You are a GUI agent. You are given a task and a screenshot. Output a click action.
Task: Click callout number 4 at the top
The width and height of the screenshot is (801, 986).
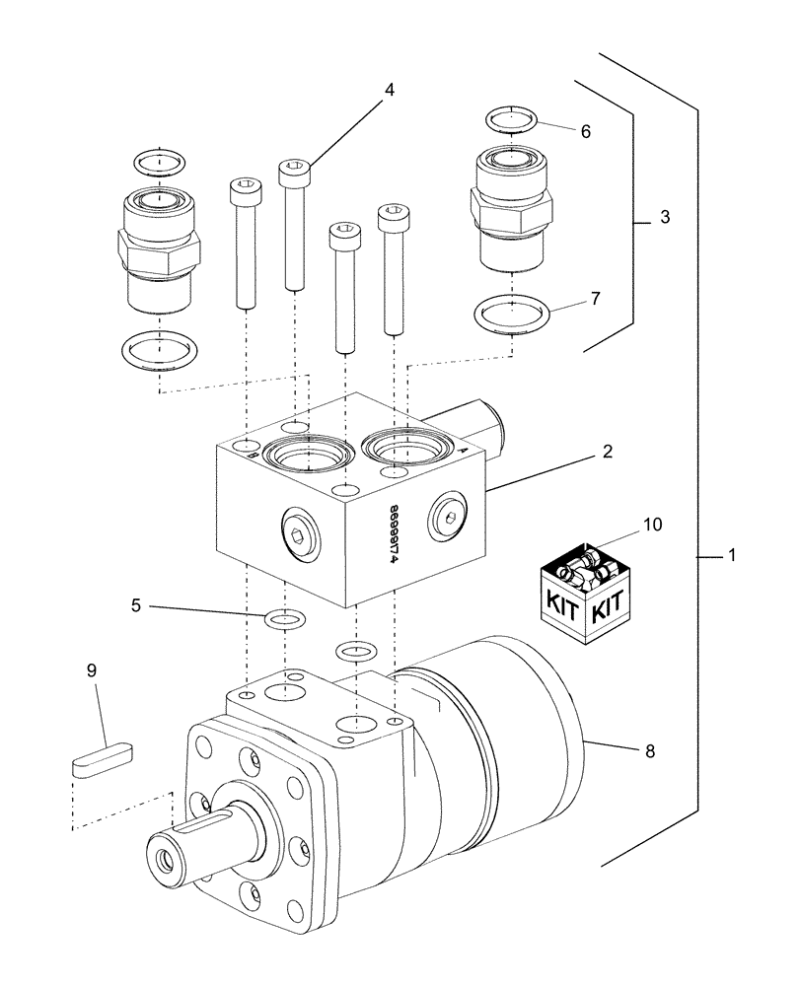click(x=390, y=90)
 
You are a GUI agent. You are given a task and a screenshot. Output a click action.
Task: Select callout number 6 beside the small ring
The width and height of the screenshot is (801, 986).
click(x=585, y=131)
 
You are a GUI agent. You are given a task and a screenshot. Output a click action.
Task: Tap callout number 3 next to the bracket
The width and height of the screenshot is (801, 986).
click(x=665, y=218)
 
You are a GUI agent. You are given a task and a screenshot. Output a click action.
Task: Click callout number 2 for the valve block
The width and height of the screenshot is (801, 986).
click(x=608, y=453)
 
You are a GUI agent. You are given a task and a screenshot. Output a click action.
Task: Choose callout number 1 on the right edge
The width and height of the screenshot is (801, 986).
click(x=732, y=556)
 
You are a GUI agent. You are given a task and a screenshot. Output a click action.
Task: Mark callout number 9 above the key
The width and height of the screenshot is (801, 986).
click(x=92, y=671)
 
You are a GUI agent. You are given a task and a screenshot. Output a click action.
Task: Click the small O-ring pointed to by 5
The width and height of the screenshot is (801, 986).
click(x=284, y=619)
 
